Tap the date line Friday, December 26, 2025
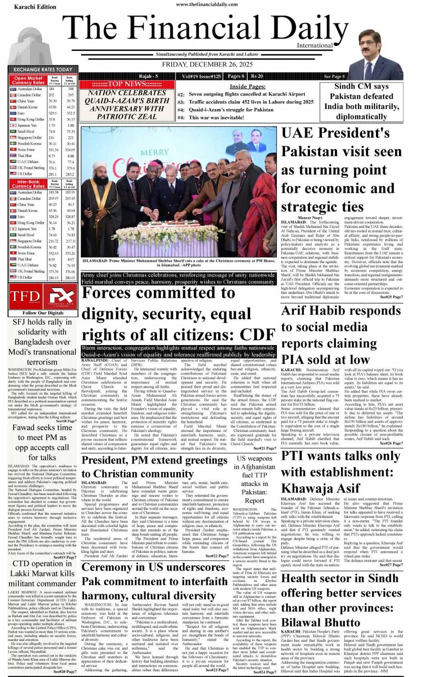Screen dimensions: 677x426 click(x=207, y=64)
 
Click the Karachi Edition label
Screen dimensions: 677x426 click(x=35, y=7)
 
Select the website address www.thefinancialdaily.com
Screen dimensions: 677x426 click(x=207, y=4)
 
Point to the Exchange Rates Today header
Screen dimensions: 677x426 click(x=43, y=69)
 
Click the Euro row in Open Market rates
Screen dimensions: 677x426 click(x=42, y=114)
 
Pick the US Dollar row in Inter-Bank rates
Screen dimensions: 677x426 click(x=42, y=277)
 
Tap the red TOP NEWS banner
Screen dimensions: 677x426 click(x=126, y=84)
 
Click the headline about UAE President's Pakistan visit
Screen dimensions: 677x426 click(x=341, y=169)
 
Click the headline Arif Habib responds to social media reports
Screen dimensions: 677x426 click(x=341, y=335)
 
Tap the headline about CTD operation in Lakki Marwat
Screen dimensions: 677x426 click(x=42, y=573)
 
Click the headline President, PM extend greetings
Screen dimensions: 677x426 click(x=155, y=467)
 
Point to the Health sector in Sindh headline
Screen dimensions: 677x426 click(x=341, y=600)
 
